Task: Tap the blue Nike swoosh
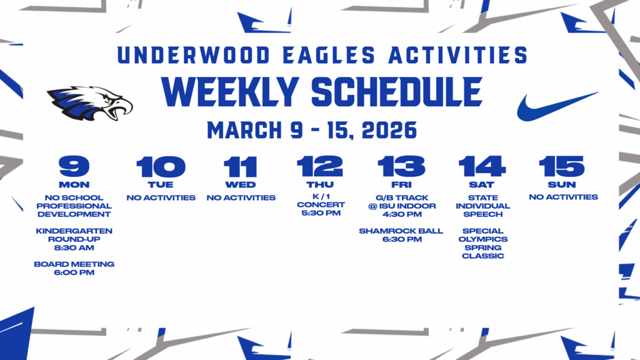click(556, 106)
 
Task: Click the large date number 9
click(74, 167)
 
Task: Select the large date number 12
click(320, 167)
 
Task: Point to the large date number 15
click(562, 167)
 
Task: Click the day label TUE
click(161, 185)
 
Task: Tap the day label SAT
click(482, 185)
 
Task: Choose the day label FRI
click(401, 185)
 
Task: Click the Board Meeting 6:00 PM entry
click(74, 268)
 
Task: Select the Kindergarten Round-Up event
click(74, 239)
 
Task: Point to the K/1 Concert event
click(320, 205)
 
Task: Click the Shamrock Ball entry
click(401, 235)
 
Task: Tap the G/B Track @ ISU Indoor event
click(401, 206)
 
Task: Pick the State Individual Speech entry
click(482, 206)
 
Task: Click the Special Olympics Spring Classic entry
click(482, 244)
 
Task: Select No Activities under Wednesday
click(241, 198)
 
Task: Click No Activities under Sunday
click(562, 197)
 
